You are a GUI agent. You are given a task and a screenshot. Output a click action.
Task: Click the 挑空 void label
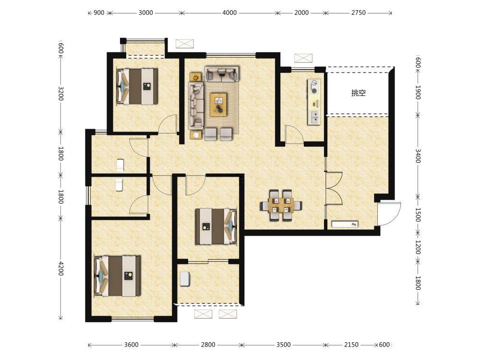[x=359, y=93]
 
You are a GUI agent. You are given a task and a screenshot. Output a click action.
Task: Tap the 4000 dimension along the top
[x=229, y=13]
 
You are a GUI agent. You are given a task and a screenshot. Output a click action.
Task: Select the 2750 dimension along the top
[x=359, y=13]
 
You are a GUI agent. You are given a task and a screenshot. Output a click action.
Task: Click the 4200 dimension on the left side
[x=60, y=268]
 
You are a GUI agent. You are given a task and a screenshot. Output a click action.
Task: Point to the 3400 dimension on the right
[x=418, y=156]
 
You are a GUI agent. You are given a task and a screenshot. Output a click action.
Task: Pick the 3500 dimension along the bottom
[x=284, y=345]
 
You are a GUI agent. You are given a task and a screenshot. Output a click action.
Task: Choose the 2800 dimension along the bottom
[x=208, y=345]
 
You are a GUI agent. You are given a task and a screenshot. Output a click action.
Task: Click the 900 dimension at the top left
[x=99, y=13]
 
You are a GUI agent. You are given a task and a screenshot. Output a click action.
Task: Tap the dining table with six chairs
[x=281, y=205]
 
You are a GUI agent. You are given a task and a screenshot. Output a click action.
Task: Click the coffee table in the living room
[x=218, y=105]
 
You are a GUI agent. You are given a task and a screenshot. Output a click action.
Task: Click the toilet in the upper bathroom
[x=120, y=165]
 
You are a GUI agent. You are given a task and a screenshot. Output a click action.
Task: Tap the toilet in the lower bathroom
[x=119, y=185]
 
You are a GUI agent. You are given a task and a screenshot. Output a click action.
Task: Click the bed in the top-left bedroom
[x=137, y=86]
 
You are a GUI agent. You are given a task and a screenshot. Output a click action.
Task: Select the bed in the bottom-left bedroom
[x=118, y=276]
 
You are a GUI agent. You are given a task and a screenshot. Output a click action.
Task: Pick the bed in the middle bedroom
[x=216, y=226]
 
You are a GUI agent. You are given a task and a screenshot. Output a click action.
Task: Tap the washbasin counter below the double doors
[x=345, y=224]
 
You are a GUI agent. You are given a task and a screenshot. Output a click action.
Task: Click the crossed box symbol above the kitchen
[x=303, y=58]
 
